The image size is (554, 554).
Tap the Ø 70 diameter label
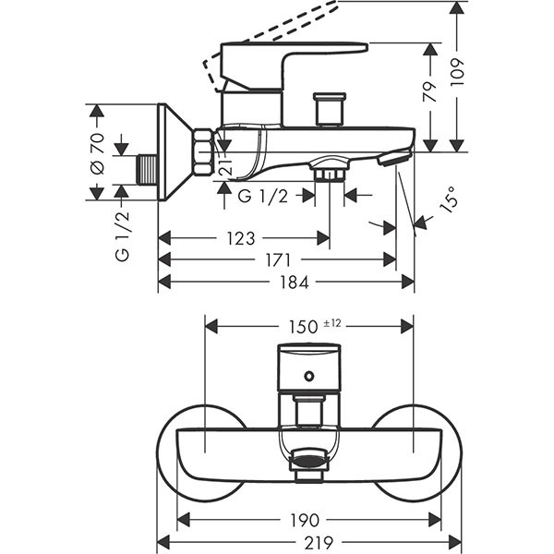[x=121, y=151]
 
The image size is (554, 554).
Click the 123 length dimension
[x=240, y=238]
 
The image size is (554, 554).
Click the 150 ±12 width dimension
[x=307, y=326]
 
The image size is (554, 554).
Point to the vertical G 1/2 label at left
[x=122, y=236]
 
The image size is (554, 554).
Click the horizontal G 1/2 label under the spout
[x=263, y=195]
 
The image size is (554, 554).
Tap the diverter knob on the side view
[x=327, y=110]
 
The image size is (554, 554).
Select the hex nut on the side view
[x=203, y=153]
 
